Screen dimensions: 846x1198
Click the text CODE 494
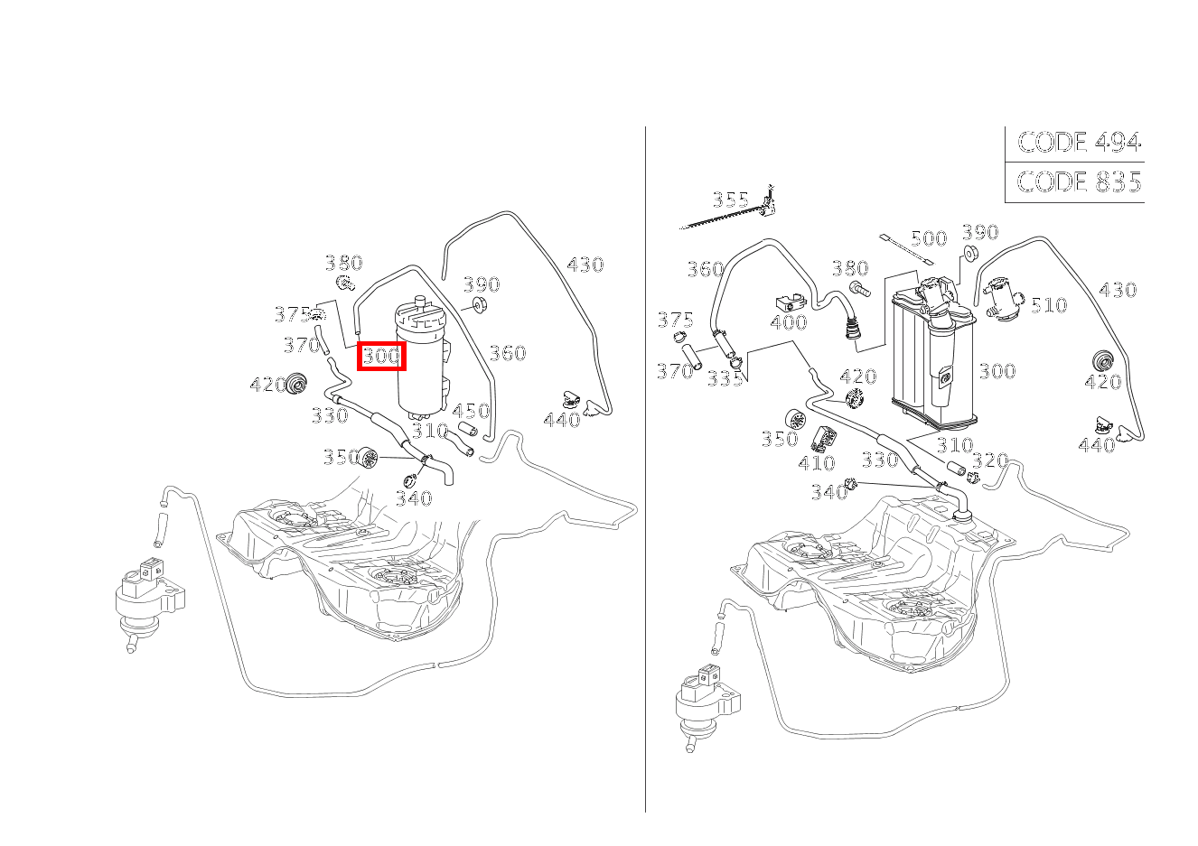[x=1079, y=142]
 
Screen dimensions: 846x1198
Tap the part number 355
[x=730, y=199]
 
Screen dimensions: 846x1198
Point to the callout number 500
[x=928, y=238]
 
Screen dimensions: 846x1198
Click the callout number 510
[x=1048, y=305]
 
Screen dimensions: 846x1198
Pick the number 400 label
[x=789, y=322]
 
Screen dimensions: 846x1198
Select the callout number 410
[x=816, y=462]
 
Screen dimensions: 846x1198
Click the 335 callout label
[x=725, y=378]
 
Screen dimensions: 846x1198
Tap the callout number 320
[x=989, y=460]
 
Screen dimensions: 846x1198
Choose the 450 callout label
[x=470, y=411]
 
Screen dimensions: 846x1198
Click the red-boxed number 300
[x=381, y=356]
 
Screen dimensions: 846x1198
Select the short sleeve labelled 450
[x=467, y=428]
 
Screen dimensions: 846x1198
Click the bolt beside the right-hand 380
[x=858, y=289]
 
